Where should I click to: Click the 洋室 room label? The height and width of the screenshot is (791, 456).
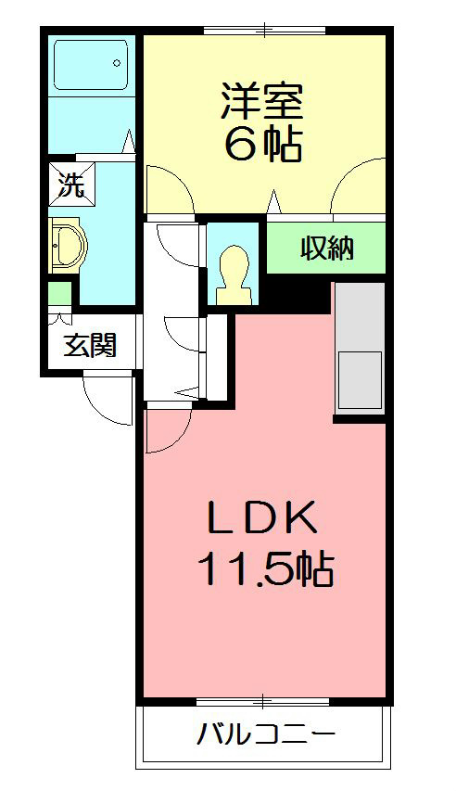point(263,101)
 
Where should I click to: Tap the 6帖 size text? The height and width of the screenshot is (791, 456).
point(263,144)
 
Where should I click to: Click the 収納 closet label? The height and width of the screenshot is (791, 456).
point(327,249)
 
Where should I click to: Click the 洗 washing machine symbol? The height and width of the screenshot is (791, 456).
point(71,183)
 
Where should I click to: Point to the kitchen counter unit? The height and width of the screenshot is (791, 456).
point(359,347)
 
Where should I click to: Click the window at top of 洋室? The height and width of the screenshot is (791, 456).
point(264,31)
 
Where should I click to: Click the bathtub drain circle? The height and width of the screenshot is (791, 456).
point(118,64)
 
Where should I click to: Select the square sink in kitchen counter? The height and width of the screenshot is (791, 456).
point(359,380)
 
